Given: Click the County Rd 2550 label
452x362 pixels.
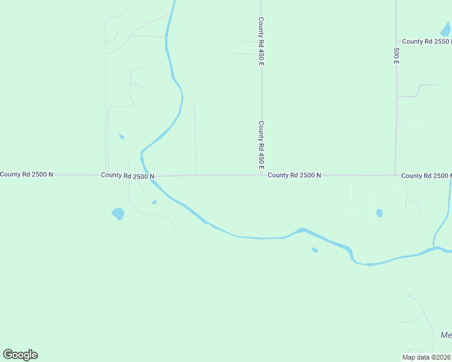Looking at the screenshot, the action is tap(427, 42).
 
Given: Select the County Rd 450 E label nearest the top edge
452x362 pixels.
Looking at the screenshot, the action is tap(262, 41).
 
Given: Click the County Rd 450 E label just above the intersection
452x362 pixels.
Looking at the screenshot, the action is tap(262, 145).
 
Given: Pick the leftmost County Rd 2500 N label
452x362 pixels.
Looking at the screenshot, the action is tap(27, 174).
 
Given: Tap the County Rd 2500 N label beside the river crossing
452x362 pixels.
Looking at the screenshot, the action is tap(128, 176).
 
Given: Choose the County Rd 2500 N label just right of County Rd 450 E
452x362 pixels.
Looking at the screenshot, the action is tap(294, 175).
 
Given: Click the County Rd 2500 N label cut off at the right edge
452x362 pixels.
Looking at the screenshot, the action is tap(426, 176).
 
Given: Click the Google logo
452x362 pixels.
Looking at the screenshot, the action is tap(20, 355).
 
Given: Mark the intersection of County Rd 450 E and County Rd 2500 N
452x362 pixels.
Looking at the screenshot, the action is tap(262, 176).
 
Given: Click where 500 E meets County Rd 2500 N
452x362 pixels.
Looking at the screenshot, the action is tap(396, 176).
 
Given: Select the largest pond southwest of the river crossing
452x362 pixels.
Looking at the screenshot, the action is tap(118, 214).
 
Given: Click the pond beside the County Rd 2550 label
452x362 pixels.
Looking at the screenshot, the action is tap(446, 29).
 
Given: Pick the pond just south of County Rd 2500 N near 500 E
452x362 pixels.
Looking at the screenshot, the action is tap(379, 213).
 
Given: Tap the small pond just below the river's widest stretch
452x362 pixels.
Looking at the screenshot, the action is tap(314, 250).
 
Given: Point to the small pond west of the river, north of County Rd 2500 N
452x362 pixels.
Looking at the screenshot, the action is tap(121, 137).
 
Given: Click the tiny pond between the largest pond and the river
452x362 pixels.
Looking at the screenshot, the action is tap(155, 202).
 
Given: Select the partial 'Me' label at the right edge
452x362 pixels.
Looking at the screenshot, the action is tap(446, 335).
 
